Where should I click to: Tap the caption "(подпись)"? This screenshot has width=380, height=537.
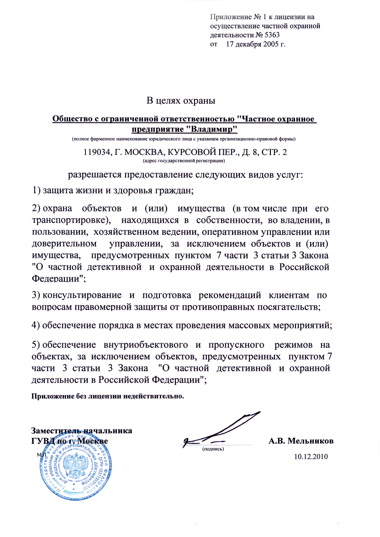coord(213,449)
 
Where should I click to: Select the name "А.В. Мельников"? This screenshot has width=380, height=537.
coord(301,441)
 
